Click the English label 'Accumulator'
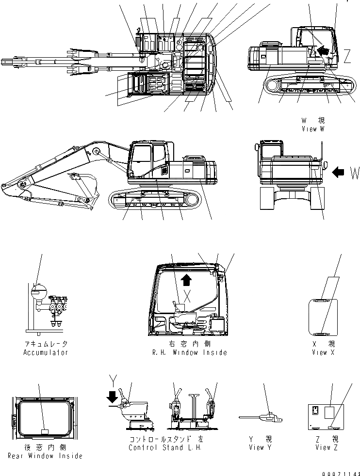pos(46,352)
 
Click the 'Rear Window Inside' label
pos(45,456)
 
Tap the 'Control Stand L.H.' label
pos(165,447)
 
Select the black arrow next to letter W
pos(339,171)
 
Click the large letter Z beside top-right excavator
pos(348,57)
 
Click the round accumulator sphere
pos(38,292)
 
